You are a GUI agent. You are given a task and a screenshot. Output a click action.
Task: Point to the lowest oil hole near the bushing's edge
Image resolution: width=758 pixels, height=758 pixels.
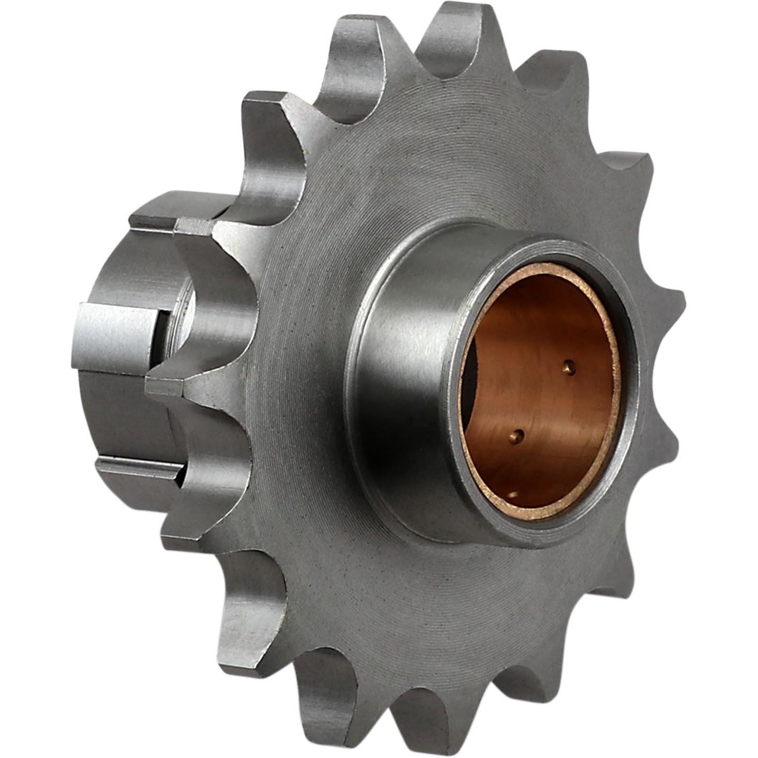pos(514,495)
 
